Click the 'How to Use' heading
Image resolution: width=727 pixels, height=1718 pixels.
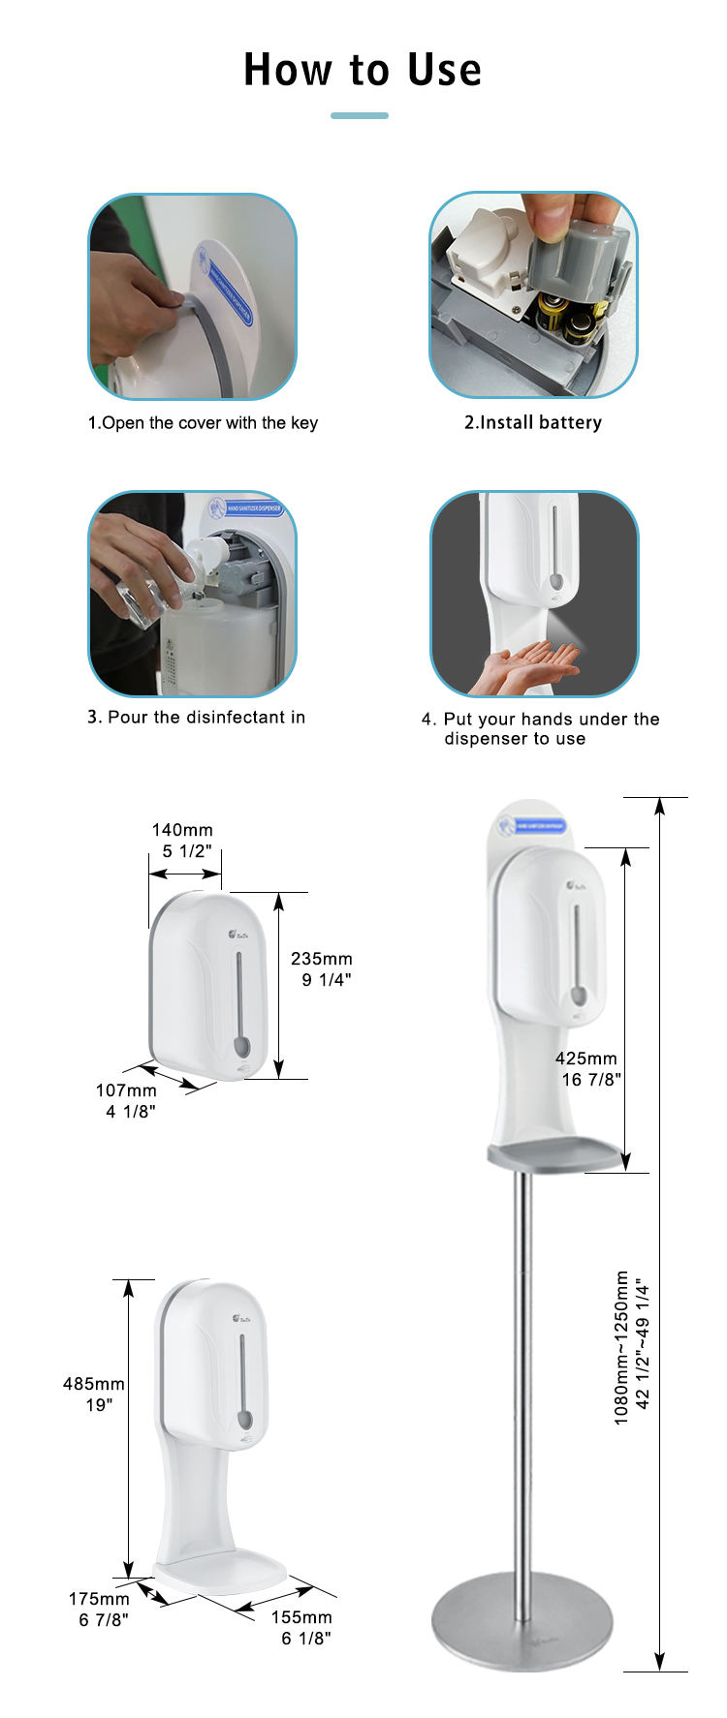click(363, 70)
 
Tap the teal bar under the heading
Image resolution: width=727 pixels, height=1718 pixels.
click(360, 115)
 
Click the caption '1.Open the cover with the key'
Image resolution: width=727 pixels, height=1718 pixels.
click(203, 423)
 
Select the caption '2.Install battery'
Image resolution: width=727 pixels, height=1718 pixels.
click(532, 423)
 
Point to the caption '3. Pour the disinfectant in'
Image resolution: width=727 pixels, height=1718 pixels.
click(196, 718)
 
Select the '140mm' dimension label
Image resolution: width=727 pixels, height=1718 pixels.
click(182, 830)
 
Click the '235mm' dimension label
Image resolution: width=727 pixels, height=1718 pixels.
click(322, 959)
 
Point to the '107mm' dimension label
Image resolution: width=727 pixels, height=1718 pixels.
click(126, 1090)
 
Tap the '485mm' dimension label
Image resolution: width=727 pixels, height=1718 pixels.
click(94, 1384)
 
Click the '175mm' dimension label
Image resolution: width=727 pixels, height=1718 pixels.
click(99, 1599)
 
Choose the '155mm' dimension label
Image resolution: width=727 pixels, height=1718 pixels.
click(301, 1617)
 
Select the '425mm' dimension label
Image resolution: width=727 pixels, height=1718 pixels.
click(586, 1058)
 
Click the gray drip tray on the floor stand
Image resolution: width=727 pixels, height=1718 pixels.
click(554, 1154)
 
